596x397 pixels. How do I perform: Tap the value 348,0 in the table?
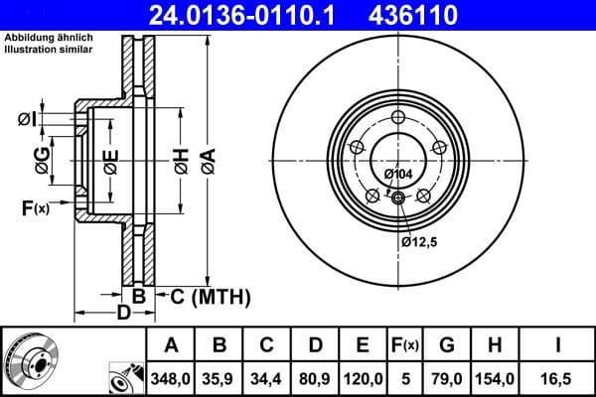click(x=171, y=378)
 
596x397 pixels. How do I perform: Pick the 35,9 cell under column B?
click(x=220, y=378)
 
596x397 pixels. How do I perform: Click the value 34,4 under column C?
click(x=267, y=378)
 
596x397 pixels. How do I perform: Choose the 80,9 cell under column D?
click(x=315, y=378)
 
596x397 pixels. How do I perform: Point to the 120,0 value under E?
click(x=363, y=378)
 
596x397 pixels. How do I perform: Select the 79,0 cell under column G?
click(x=447, y=378)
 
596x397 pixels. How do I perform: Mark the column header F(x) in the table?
click(x=404, y=346)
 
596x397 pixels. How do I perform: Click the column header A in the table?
click(x=171, y=346)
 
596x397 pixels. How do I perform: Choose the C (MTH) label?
click(x=210, y=296)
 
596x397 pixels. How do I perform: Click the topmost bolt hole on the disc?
click(x=398, y=118)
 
